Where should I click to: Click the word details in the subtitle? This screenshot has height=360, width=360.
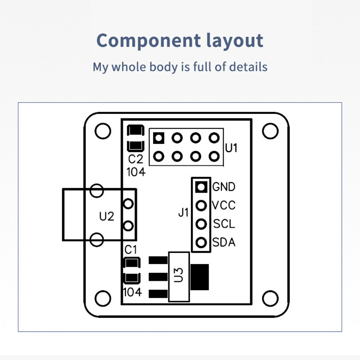[x=248, y=67]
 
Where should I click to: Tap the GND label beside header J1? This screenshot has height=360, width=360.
[x=224, y=186]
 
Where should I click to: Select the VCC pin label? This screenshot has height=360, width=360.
[x=224, y=205]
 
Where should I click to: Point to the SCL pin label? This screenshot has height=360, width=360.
[x=224, y=224]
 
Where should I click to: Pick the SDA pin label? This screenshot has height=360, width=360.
[x=224, y=243]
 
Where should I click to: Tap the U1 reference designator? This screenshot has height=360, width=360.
[x=231, y=147]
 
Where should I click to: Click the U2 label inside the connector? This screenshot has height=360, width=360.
[x=107, y=216]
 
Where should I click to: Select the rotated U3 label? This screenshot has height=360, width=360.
[x=179, y=275]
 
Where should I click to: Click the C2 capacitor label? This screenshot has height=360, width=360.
[x=135, y=159]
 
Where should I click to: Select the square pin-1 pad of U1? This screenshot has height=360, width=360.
[x=158, y=137]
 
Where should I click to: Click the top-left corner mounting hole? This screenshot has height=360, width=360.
[x=103, y=130]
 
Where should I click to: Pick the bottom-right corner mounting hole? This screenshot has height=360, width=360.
[x=270, y=297]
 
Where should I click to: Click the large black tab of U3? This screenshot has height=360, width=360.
[x=200, y=275]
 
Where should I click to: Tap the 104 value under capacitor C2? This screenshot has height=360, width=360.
[x=136, y=171]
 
